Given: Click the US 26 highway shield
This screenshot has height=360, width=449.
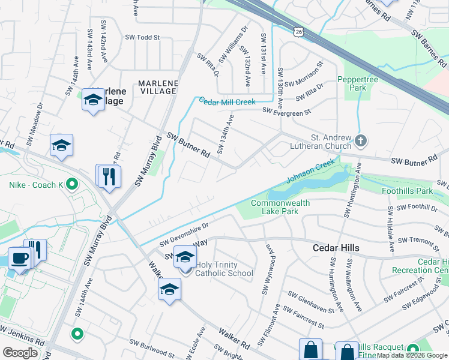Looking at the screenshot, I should pyautogui.click(x=298, y=29).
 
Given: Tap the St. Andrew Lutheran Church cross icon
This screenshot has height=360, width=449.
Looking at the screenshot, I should pyautogui.click(x=360, y=141).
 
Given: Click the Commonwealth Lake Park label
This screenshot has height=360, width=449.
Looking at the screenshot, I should pyautogui.click(x=280, y=207).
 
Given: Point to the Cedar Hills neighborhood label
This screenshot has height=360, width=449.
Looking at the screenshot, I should pyautogui.click(x=336, y=248).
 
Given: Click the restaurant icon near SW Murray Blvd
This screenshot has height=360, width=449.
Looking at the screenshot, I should pyautogui.click(x=109, y=176).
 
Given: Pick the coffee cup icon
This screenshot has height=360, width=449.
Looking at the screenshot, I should pyautogui.click(x=19, y=259).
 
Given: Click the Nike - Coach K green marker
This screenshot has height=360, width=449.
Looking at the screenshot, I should pyautogui.click(x=73, y=184).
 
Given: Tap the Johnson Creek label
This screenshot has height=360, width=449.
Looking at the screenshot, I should pyautogui.click(x=310, y=170).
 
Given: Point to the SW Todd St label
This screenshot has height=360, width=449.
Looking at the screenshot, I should pyautogui.click(x=142, y=37).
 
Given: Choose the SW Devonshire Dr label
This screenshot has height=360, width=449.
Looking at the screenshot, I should pyautogui.click(x=184, y=235).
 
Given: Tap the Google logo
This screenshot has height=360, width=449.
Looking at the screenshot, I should pyautogui.click(x=20, y=353).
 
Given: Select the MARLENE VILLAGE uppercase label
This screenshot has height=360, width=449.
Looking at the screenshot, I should pyautogui.click(x=157, y=87).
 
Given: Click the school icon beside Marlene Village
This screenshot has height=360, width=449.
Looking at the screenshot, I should pyautogui.click(x=93, y=100).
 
